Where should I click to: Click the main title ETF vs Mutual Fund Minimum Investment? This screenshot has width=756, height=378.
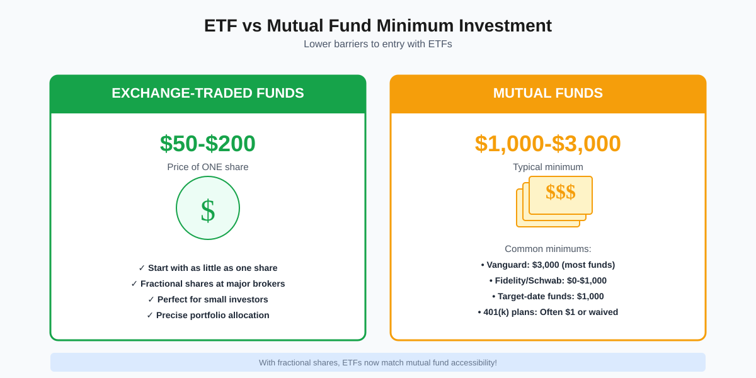pos(378,26)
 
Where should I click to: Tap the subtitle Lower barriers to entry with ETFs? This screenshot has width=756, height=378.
pos(378,44)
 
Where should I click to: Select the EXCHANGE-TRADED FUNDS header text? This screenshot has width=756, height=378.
pos(208,93)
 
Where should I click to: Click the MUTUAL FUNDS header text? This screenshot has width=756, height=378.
pos(548,93)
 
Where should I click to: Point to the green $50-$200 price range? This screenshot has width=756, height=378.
pos(208,144)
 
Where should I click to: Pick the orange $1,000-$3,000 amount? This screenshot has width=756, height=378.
pos(548,144)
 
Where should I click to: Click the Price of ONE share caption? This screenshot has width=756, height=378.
pos(208,167)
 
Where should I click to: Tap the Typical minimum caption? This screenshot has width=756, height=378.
pos(548,167)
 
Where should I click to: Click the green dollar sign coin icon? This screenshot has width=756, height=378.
pos(208,208)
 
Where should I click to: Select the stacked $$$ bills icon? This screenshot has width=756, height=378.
pos(554,200)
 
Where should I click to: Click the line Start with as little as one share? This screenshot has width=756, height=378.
pos(208,268)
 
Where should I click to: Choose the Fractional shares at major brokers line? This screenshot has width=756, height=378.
pos(208,283)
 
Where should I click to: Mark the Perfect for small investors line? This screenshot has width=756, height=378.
pos(208,299)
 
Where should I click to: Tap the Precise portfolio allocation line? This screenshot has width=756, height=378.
pos(208,315)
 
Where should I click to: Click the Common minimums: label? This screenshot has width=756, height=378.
pos(548,249)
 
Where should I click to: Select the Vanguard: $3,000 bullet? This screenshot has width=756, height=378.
pos(548,265)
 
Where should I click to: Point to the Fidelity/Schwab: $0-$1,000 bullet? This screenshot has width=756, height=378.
pos(548,280)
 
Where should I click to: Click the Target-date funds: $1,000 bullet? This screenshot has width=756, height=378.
pos(548,296)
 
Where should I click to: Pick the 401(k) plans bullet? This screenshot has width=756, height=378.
pos(548,312)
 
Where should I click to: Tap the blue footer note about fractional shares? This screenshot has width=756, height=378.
pos(378,362)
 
